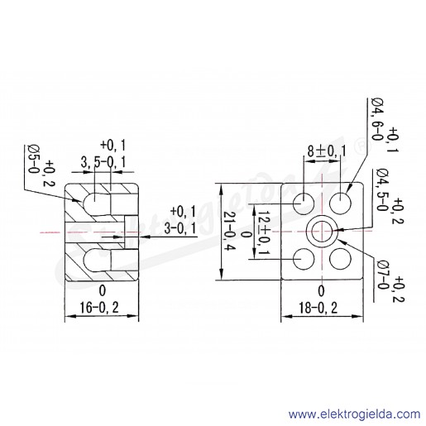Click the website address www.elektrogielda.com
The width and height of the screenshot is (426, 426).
click(x=354, y=414)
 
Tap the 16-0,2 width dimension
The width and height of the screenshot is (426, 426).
click(x=99, y=308)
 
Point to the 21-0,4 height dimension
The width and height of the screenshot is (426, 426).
click(x=229, y=231)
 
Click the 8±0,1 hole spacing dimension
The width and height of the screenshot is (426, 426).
click(x=327, y=151)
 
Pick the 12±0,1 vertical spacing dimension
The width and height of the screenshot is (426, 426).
click(x=265, y=233)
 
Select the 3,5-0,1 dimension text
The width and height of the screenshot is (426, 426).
click(x=103, y=162)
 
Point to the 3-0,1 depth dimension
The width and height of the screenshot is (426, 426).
click(x=179, y=228)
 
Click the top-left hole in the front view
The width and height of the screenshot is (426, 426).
click(x=304, y=203)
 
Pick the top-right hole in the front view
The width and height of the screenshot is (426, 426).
click(x=340, y=203)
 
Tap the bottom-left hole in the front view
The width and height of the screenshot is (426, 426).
click(x=304, y=259)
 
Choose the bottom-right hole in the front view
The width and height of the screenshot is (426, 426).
click(x=340, y=259)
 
